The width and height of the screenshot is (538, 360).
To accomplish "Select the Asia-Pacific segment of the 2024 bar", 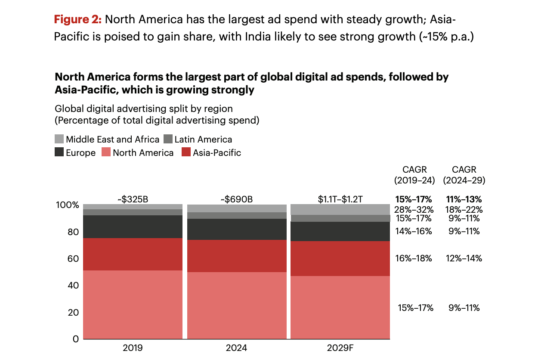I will [x=237, y=256].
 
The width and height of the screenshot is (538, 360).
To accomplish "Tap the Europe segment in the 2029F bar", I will [x=340, y=231].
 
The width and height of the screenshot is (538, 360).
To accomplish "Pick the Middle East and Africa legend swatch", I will [x=59, y=140].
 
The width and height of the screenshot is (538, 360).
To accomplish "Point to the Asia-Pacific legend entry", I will [x=211, y=152].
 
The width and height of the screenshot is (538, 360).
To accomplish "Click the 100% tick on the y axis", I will [x=68, y=205].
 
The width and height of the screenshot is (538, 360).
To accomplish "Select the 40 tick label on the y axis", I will [x=74, y=286].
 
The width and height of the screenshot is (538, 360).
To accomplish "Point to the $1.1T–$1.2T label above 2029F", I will [x=340, y=199].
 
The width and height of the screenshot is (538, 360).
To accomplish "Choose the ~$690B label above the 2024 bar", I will [x=237, y=199].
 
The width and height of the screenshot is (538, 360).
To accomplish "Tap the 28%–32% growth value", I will [x=414, y=210].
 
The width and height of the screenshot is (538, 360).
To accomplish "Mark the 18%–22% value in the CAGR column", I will [x=464, y=210].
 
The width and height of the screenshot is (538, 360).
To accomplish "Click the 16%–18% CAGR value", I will [x=414, y=258].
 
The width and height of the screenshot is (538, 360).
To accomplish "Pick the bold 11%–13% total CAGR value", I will [x=464, y=199].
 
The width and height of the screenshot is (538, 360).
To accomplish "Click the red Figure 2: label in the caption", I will [x=77, y=19].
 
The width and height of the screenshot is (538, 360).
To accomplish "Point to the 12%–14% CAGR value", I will [x=464, y=258].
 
